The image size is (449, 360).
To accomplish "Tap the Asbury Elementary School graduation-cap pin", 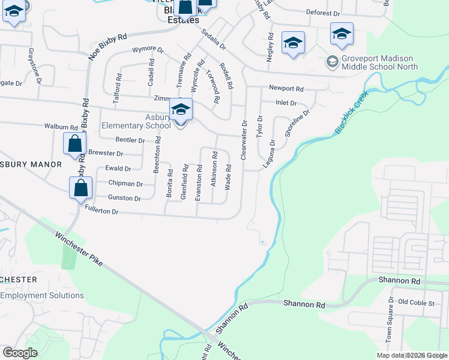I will coord(180,110).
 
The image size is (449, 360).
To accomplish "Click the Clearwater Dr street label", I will coord(244,140).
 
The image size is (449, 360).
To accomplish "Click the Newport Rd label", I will coord(286,88).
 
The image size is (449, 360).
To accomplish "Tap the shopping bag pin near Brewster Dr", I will coord(74,145).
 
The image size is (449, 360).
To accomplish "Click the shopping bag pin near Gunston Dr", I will coord(80,188).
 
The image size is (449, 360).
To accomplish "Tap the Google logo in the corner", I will coord(20,353).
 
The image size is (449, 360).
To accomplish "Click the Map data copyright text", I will coord(412,355).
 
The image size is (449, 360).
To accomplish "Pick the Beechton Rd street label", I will coord(157,155).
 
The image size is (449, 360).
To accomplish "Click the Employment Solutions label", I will coord(42,295).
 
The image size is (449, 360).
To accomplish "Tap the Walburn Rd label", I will coord(61,127).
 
